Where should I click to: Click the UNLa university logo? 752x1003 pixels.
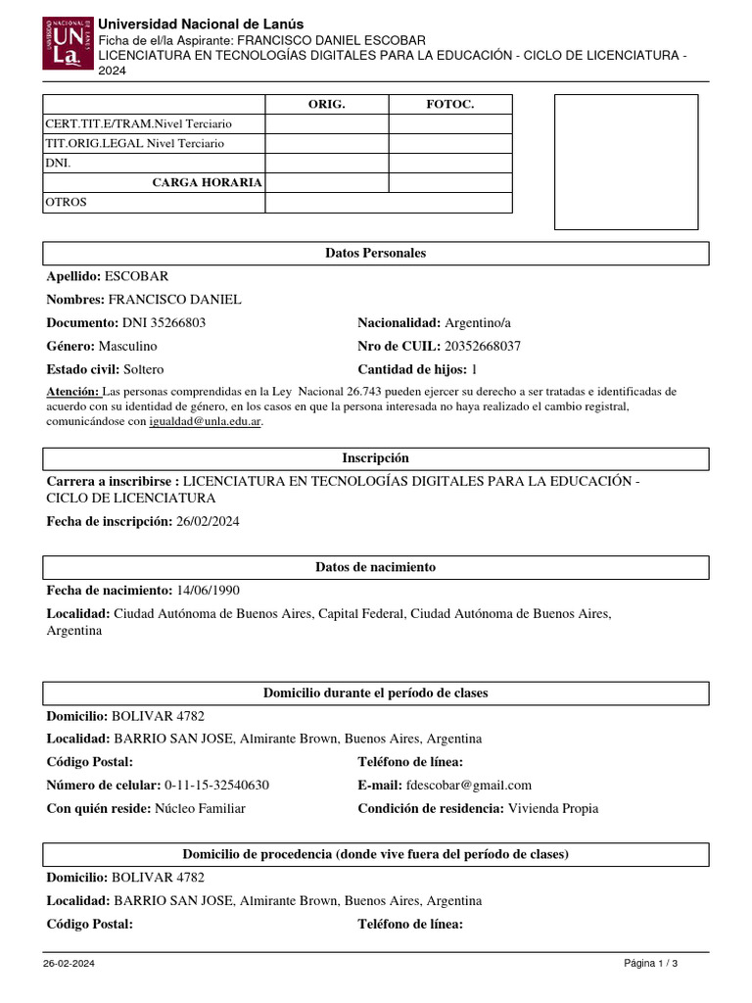[68, 43]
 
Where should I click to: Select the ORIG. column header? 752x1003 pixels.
[326, 104]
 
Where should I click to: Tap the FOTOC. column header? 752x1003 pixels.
[449, 104]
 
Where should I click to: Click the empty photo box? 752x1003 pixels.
[626, 162]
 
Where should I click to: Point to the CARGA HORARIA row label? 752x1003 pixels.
[207, 182]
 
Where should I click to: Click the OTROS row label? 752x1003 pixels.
[67, 202]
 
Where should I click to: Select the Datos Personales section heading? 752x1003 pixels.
[375, 253]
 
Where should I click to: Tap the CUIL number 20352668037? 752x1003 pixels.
[483, 346]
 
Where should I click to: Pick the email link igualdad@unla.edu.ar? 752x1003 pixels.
[205, 422]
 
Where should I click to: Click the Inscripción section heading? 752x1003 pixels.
[375, 458]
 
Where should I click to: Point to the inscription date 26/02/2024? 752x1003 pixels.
[207, 521]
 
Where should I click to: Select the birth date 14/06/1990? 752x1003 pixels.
[208, 591]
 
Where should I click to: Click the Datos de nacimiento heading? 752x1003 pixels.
[375, 567]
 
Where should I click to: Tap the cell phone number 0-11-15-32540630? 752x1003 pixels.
[216, 785]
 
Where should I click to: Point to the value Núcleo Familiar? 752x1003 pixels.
[200, 808]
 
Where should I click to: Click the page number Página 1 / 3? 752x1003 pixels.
[650, 963]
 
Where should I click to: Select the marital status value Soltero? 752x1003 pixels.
[143, 369]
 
